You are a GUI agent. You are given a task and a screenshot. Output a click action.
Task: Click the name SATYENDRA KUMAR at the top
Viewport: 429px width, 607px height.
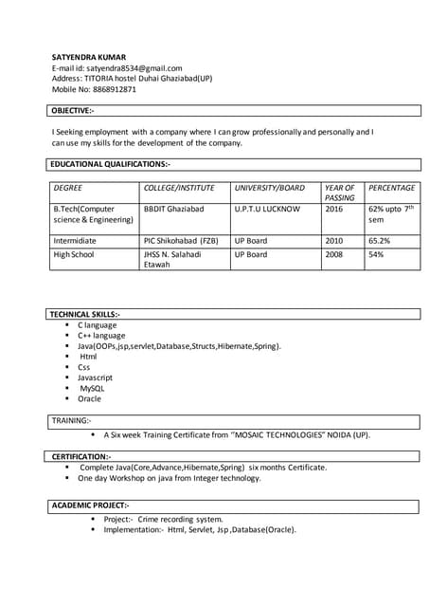(x=88, y=57)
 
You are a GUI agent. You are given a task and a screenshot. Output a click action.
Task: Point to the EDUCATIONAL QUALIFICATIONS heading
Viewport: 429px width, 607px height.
(x=109, y=164)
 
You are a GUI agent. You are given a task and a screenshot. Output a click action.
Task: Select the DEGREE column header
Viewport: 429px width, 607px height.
(x=68, y=188)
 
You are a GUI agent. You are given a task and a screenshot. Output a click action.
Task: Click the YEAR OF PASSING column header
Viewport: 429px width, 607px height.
(x=339, y=193)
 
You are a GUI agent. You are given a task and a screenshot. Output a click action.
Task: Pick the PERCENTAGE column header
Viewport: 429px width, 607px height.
(x=391, y=188)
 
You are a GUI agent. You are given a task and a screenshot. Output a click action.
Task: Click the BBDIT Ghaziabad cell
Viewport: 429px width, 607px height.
(x=173, y=208)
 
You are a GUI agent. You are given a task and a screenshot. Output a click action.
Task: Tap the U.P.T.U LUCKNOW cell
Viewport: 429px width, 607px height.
(x=267, y=208)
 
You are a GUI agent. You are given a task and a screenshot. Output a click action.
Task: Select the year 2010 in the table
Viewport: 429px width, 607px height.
(x=333, y=241)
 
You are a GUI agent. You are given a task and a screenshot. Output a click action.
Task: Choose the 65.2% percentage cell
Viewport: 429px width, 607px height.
(x=380, y=241)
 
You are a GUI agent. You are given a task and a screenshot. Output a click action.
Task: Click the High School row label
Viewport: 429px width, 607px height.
(x=74, y=254)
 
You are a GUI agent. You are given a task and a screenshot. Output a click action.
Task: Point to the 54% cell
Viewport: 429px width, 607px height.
(x=376, y=254)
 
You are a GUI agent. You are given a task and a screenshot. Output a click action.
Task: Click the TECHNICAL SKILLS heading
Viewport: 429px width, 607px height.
(x=84, y=314)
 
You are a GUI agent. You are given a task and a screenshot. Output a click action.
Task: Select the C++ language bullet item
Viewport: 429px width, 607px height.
(x=101, y=335)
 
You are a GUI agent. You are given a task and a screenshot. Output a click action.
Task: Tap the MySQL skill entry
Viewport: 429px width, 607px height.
(x=93, y=388)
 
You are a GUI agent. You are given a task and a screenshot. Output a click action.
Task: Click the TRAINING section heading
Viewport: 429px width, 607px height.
(x=72, y=419)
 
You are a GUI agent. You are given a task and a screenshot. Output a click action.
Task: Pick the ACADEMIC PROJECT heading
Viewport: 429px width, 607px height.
(x=89, y=506)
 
